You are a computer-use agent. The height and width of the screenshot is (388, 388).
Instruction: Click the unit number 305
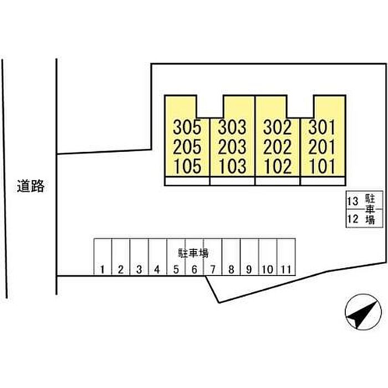pos(187,127)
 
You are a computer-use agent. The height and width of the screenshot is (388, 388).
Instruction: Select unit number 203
pos(232,147)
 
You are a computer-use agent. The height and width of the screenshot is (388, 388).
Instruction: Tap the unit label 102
pos(277,166)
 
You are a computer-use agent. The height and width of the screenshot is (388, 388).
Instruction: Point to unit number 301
pos(322,127)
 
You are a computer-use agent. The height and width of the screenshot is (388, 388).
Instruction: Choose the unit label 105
pos(187,166)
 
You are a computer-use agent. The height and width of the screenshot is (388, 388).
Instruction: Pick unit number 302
pos(277,127)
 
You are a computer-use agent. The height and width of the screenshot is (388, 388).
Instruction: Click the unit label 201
pos(322,147)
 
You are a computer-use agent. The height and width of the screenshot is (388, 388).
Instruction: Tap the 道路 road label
pos(30,186)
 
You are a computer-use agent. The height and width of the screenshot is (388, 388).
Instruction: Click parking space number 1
pos(103,270)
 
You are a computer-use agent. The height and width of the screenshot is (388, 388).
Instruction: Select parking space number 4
pos(157,270)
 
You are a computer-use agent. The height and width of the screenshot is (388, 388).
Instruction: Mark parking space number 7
pos(213,270)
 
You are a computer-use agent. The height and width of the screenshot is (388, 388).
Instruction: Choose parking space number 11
pos(286,270)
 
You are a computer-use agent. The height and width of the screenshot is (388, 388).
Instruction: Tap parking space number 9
pos(249,270)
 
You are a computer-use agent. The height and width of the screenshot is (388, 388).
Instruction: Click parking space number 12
pos(351,219)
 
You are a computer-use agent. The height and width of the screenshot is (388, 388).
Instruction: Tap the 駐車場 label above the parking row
pos(193,253)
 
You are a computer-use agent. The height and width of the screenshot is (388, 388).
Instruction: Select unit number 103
pos(232,166)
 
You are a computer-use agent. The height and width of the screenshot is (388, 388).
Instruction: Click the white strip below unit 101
pos(322,181)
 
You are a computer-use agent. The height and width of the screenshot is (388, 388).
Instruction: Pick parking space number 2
pos(121,270)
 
